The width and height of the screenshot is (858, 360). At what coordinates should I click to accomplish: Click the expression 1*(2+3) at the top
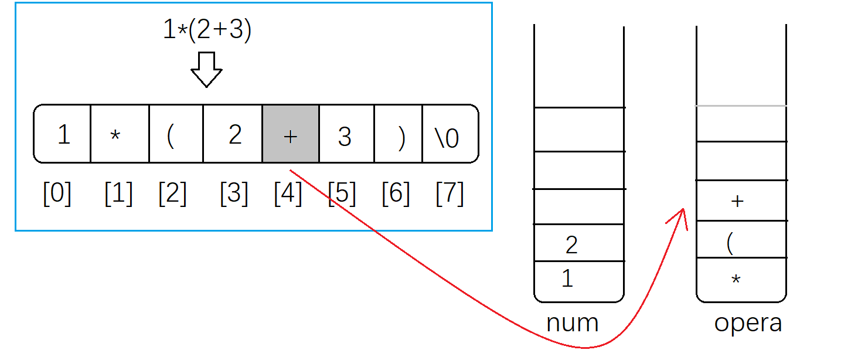pyautogui.click(x=207, y=31)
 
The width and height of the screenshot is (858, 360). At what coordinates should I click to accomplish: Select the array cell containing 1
pyautogui.click(x=63, y=134)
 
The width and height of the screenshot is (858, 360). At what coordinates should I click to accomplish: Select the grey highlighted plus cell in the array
pyautogui.click(x=291, y=134)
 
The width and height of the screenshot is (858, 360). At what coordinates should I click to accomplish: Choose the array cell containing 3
pyautogui.click(x=346, y=134)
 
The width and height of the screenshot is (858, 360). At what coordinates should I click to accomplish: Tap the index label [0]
pyautogui.click(x=57, y=193)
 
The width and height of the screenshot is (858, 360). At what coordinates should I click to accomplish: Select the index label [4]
pyautogui.click(x=288, y=193)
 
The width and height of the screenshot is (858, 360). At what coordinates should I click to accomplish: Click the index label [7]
pyautogui.click(x=450, y=193)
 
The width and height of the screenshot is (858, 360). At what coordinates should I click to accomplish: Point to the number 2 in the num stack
pyautogui.click(x=571, y=244)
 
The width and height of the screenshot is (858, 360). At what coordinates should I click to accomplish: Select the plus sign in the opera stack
pyautogui.click(x=737, y=201)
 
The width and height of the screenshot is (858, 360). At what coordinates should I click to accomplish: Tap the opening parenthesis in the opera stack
pyautogui.click(x=730, y=241)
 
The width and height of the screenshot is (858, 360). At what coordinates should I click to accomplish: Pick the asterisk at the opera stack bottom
pyautogui.click(x=736, y=280)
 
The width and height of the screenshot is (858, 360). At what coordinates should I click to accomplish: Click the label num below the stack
pyautogui.click(x=572, y=323)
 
